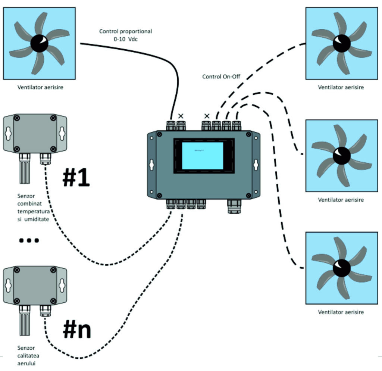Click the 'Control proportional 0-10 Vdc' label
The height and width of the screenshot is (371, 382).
click(125, 35)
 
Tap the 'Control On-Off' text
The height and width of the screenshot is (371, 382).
click(221, 77)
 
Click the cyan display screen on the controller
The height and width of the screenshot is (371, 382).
click(202, 156)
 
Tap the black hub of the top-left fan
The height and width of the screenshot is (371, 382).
click(39, 43)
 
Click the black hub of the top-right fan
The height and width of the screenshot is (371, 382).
click(341, 43)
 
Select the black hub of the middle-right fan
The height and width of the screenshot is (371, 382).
click(341, 156)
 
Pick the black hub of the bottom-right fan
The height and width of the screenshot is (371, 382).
click(341, 268)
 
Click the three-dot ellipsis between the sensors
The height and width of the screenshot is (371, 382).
click(29, 241)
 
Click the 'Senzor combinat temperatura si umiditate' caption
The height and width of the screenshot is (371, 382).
click(33, 207)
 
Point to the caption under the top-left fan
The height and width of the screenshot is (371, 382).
click(40, 88)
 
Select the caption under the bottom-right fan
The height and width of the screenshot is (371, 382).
click(341, 312)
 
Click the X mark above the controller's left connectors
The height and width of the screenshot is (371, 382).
click(181, 116)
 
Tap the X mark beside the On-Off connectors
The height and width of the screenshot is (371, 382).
click(206, 116)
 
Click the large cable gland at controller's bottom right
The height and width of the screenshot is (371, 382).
click(234, 206)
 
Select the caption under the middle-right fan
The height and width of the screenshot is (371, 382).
click(341, 200)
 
